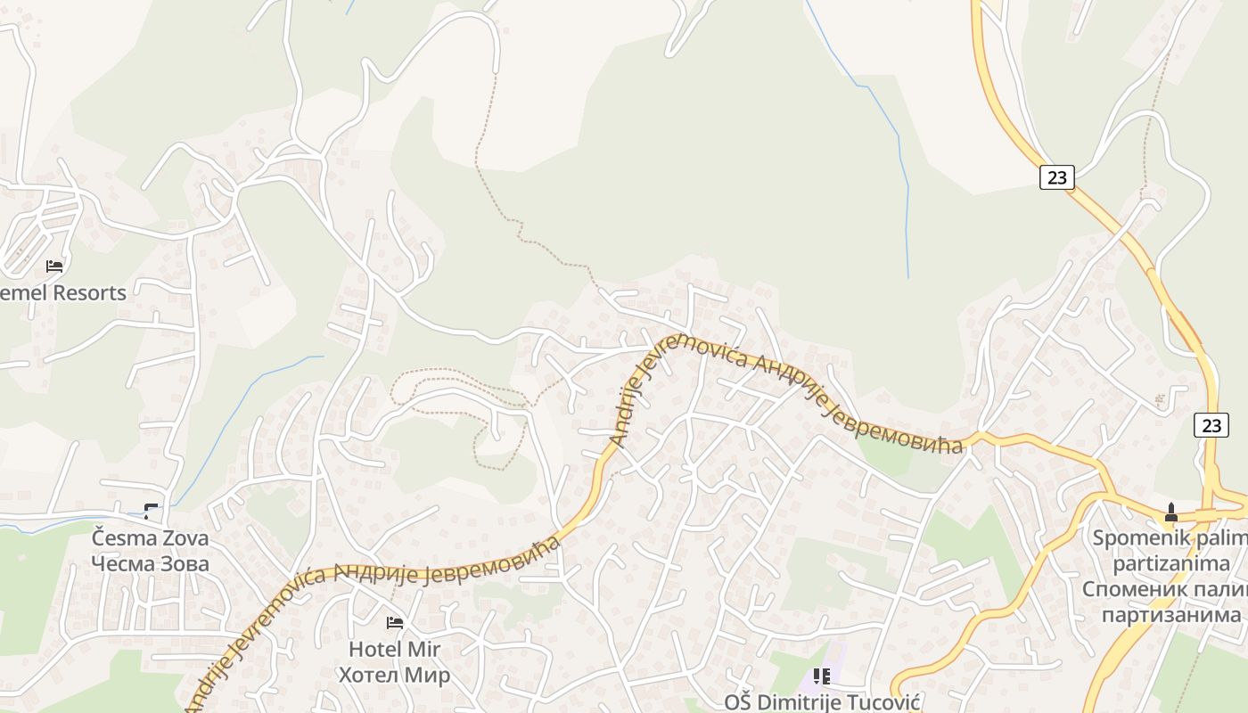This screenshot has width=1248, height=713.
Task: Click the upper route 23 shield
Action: [1056, 177]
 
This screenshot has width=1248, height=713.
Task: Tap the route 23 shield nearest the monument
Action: [1211, 426]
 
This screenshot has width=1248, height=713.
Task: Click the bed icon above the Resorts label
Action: [54, 266]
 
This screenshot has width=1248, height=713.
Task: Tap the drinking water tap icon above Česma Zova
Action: [151, 511]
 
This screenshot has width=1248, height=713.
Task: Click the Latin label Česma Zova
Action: [151, 538]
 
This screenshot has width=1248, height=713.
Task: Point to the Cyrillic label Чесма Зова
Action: [151, 563]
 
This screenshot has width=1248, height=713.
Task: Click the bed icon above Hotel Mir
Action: [394, 622]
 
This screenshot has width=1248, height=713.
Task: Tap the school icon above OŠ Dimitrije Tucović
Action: [821, 676]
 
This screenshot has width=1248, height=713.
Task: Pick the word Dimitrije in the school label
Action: [795, 702]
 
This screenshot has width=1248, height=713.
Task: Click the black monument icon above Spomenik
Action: [1170, 512]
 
